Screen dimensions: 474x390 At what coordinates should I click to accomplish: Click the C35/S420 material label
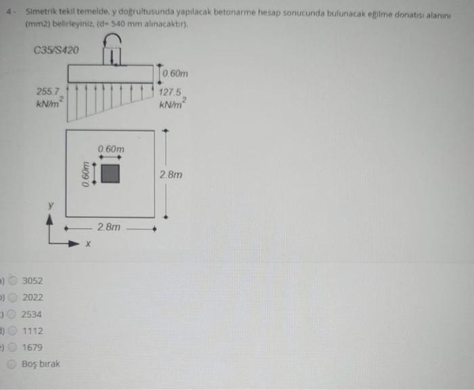click(x=55, y=49)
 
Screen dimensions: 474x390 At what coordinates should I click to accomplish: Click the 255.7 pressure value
click(x=48, y=90)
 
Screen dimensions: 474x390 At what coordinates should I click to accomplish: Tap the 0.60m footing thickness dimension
click(x=175, y=73)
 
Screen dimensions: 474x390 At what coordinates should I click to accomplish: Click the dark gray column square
click(x=110, y=174)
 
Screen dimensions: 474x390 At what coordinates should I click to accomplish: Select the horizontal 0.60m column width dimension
click(x=111, y=148)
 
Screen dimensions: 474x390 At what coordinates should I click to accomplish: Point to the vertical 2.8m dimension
click(x=171, y=175)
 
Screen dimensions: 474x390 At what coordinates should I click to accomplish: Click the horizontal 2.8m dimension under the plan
click(x=109, y=227)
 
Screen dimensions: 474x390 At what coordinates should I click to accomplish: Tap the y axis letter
click(x=49, y=205)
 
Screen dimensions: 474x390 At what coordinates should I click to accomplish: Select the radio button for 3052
click(x=12, y=281)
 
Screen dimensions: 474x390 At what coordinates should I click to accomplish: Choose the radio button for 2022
click(x=12, y=297)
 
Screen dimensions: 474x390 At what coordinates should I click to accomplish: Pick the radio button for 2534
click(x=12, y=314)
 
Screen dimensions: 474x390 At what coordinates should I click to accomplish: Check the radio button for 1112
click(x=12, y=330)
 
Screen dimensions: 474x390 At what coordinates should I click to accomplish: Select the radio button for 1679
click(x=12, y=347)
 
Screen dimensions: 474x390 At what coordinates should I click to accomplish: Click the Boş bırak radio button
click(x=12, y=364)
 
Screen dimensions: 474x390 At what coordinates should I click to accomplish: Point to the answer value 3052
click(x=33, y=281)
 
